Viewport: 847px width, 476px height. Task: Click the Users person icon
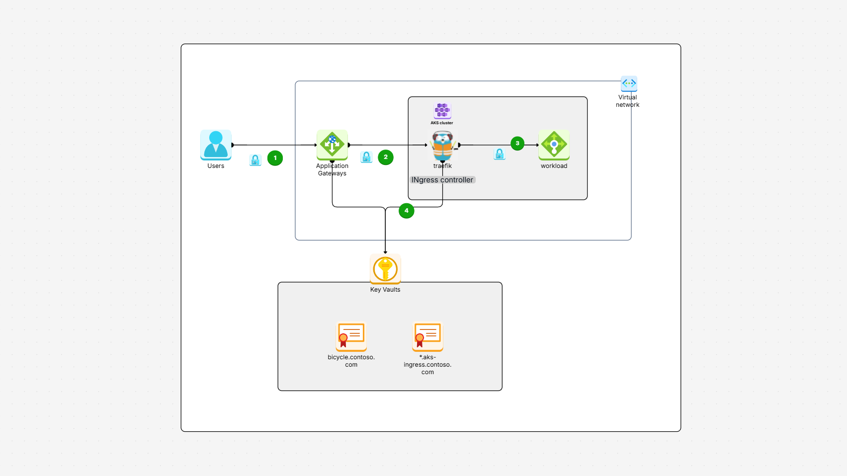tap(216, 145)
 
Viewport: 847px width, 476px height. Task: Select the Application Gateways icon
tap(332, 145)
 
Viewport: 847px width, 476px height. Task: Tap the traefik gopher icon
tap(442, 145)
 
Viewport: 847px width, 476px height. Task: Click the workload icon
tap(554, 145)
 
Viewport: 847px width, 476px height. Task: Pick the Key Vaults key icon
tap(385, 269)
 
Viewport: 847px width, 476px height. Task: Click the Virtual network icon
tap(629, 83)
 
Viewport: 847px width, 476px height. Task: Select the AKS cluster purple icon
tap(442, 110)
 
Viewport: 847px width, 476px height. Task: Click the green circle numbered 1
tap(275, 158)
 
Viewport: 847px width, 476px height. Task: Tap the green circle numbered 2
tap(386, 157)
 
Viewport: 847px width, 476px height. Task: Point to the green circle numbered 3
tap(517, 143)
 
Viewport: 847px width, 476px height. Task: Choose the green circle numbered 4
tap(407, 211)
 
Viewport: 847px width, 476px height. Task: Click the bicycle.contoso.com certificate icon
tap(351, 336)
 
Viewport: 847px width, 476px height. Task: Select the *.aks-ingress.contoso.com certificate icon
tap(427, 336)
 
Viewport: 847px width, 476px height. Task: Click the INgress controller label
tap(442, 180)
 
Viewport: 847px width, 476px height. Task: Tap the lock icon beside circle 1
tap(255, 160)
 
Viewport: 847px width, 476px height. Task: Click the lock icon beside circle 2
tap(366, 158)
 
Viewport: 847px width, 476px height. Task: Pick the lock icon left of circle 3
tap(500, 154)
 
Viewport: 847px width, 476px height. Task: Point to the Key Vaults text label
tap(385, 290)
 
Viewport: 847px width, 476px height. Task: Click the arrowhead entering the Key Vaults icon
tap(385, 252)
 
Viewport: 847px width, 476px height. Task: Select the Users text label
tap(216, 166)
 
